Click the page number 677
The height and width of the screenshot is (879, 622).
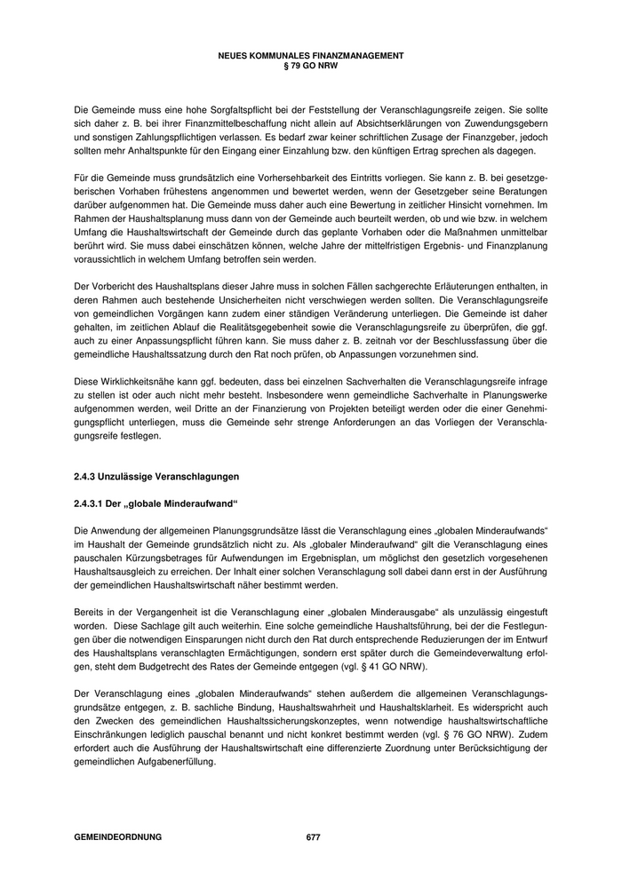click(313, 837)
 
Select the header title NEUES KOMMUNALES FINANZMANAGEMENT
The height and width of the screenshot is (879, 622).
click(310, 55)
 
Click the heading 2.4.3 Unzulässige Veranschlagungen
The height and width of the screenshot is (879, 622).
click(155, 478)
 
